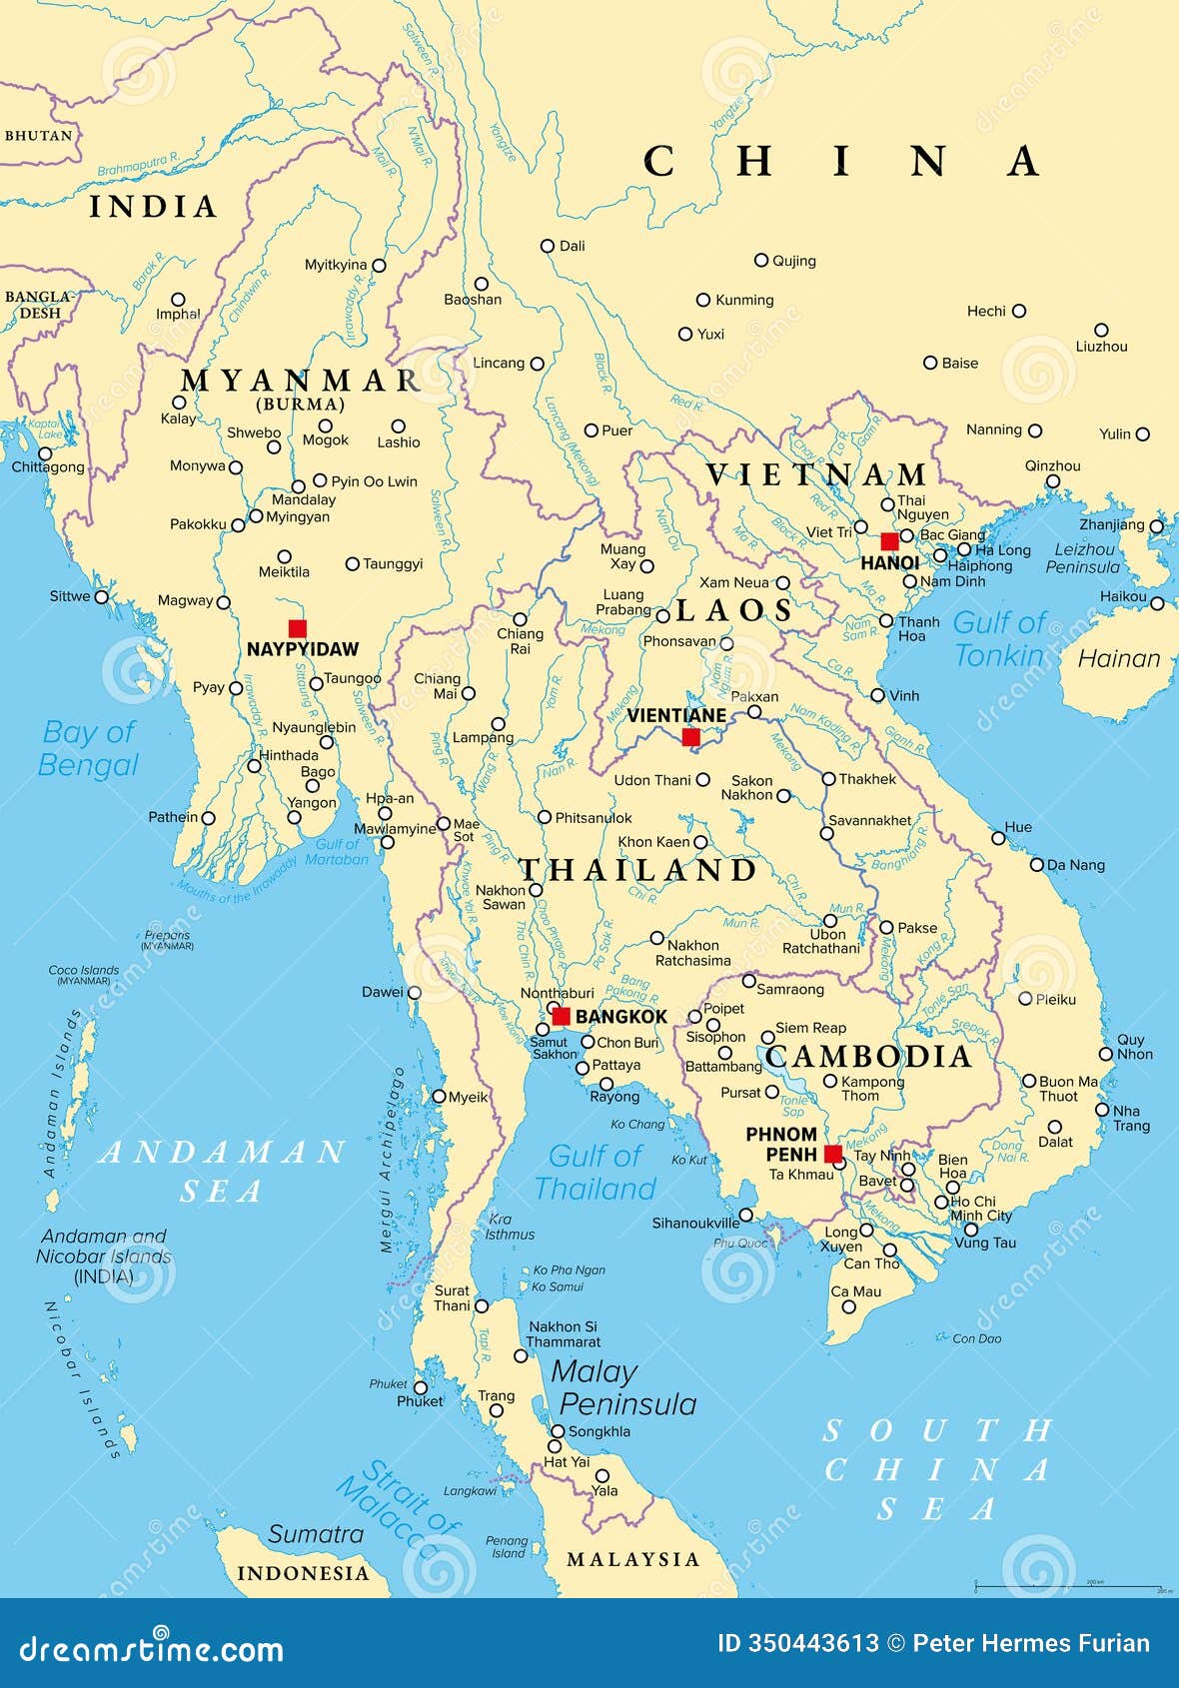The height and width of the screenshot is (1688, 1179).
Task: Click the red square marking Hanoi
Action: pyautogui.click(x=889, y=541)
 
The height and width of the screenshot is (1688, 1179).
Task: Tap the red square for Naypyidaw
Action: pyautogui.click(x=297, y=628)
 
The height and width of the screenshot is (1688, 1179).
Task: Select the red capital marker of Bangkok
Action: pyautogui.click(x=562, y=1016)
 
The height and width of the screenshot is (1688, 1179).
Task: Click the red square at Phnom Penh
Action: pyautogui.click(x=833, y=1154)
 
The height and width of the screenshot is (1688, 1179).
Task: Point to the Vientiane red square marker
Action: pyautogui.click(x=690, y=737)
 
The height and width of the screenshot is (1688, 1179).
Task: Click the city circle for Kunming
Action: pyautogui.click(x=703, y=300)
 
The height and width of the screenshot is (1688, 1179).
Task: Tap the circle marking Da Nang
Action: pyautogui.click(x=1037, y=864)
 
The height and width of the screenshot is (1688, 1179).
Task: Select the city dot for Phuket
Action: pyautogui.click(x=421, y=1387)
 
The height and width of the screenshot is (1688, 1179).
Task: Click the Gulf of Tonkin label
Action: pyautogui.click(x=999, y=639)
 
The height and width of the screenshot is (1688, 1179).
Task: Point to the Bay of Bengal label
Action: pyautogui.click(x=88, y=748)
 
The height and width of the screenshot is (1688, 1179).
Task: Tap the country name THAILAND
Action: pyautogui.click(x=637, y=870)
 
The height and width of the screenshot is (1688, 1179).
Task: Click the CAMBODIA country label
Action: pyautogui.click(x=869, y=1057)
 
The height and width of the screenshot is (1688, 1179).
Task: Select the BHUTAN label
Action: pyautogui.click(x=38, y=135)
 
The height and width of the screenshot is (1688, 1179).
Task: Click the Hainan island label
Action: pyautogui.click(x=1119, y=658)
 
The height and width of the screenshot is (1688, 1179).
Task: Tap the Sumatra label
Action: pyautogui.click(x=315, y=1534)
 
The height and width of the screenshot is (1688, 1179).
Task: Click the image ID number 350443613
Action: pyautogui.click(x=812, y=1643)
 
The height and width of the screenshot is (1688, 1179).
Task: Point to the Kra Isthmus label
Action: pyautogui.click(x=510, y=1227)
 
